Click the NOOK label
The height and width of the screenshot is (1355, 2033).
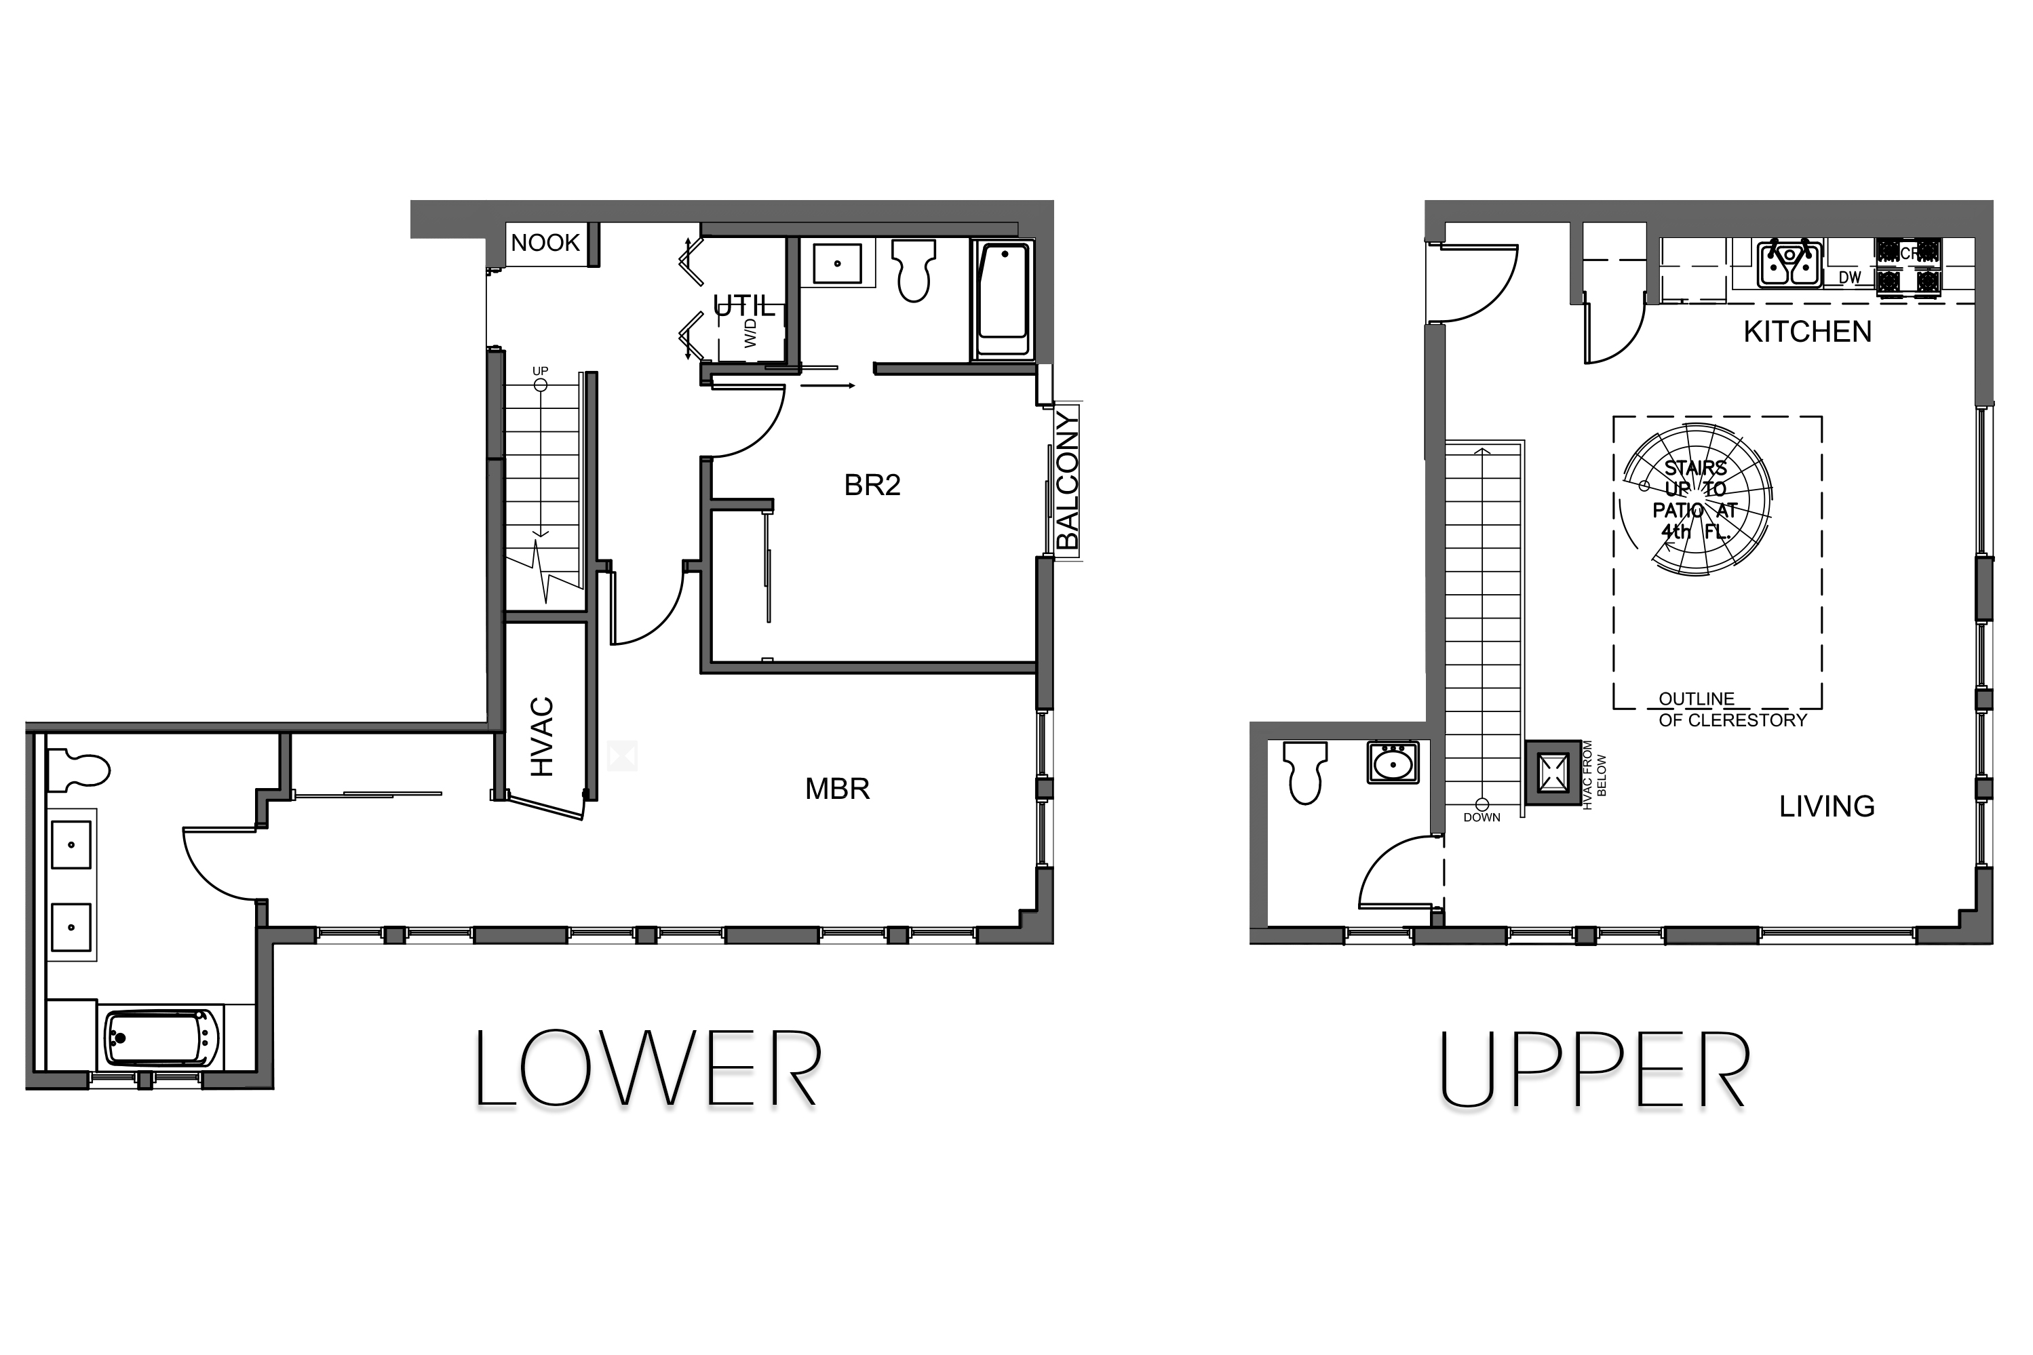(x=545, y=243)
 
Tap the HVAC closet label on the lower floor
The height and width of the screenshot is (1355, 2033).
(x=542, y=737)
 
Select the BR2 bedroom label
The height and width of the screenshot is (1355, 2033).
(x=872, y=486)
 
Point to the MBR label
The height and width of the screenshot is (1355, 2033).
(x=836, y=789)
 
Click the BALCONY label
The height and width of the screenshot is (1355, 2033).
(x=1068, y=480)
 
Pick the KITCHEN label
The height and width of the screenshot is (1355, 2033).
(x=1806, y=332)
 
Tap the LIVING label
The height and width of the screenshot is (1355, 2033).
(x=1826, y=807)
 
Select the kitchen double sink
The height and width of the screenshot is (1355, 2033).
(x=1789, y=264)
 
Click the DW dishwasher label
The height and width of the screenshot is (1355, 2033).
(x=1849, y=277)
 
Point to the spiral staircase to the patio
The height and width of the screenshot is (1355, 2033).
(x=1696, y=501)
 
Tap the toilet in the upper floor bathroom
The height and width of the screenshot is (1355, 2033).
(x=1304, y=771)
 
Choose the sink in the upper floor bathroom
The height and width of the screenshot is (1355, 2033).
(x=1393, y=764)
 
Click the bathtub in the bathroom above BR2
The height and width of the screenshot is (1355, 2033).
(x=1003, y=300)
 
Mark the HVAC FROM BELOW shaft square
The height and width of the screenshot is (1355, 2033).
(x=1553, y=772)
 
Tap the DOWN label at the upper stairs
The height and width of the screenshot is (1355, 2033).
(x=1482, y=817)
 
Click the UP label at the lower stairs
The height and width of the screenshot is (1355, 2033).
(x=540, y=372)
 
